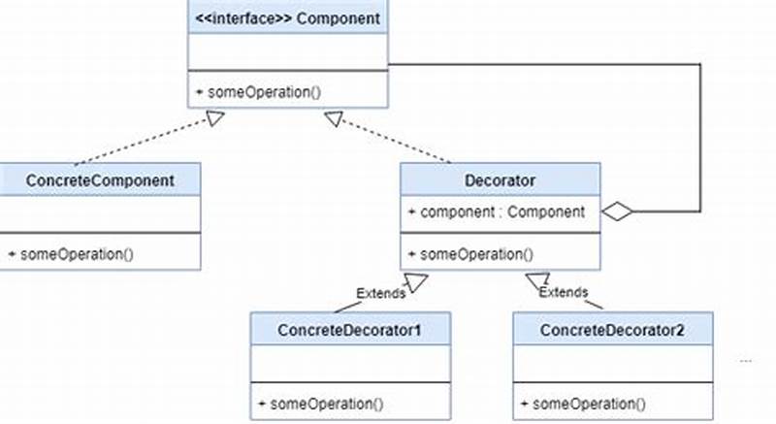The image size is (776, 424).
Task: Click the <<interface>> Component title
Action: point(288,17)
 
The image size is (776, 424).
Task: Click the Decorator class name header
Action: point(501,180)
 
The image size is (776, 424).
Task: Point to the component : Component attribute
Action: point(497,212)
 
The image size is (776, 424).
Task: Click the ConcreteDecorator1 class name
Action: point(349,330)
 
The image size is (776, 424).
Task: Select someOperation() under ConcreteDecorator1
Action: point(321,404)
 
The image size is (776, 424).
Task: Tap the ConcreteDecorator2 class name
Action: point(612,330)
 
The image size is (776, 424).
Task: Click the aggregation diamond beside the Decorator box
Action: point(617,211)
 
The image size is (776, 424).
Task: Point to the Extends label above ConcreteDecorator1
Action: point(380,292)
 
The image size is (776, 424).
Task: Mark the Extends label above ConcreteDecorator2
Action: point(564,291)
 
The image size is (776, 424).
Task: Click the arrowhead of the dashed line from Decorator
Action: point(334,118)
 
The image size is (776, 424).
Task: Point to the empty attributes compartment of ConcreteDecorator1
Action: point(349,363)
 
